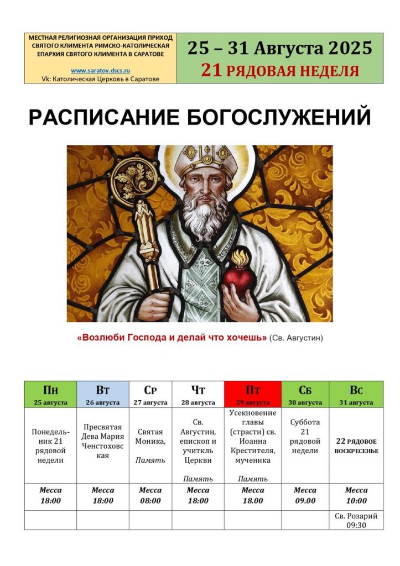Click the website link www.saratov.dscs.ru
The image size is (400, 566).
click(101, 71)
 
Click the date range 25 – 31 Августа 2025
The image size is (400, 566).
click(280, 48)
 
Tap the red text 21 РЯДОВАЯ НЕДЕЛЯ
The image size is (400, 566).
click(280, 70)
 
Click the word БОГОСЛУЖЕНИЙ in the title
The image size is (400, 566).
click(279, 116)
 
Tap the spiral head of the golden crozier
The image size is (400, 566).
click(136, 179)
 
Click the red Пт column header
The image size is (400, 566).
click(253, 394)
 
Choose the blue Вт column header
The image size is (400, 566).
click(102, 394)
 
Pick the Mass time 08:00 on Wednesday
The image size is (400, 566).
click(150, 501)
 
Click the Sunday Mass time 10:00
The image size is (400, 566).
click(356, 501)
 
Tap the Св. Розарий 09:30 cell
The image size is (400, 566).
click(356, 520)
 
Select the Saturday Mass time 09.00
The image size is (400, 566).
click(305, 501)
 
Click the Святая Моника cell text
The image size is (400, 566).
click(150, 437)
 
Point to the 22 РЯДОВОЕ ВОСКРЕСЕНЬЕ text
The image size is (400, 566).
click(356, 446)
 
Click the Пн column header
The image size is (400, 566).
click(50, 394)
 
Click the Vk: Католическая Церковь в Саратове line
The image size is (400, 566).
click(101, 79)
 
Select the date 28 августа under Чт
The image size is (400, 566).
click(198, 402)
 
